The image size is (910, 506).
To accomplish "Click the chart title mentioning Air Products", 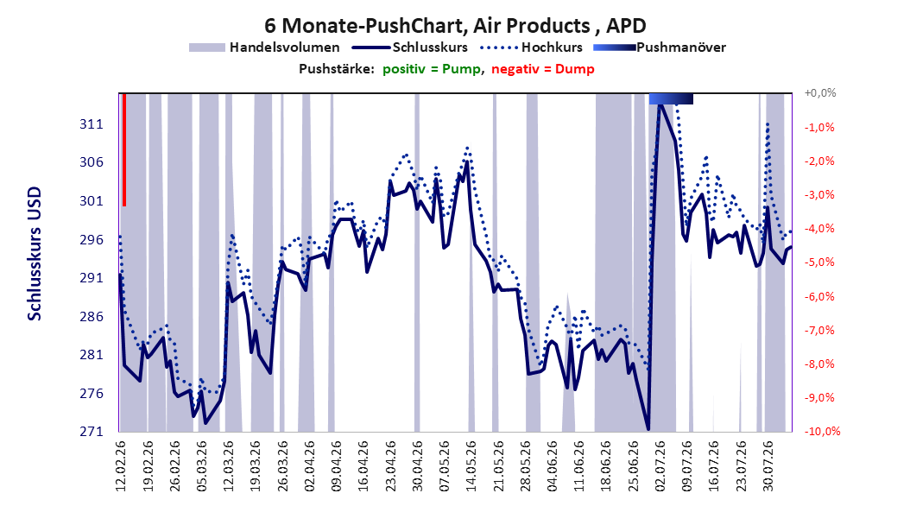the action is (x=455, y=26).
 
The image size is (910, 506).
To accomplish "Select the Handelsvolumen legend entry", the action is (x=264, y=47).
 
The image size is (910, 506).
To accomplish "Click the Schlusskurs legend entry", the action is (x=410, y=47).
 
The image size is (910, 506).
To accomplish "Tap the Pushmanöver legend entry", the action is (x=660, y=47).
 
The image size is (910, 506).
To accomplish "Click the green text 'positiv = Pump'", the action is (x=431, y=69).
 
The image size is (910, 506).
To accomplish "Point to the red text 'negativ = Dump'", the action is (x=543, y=69).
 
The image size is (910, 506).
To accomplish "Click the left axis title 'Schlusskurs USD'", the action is (x=35, y=254).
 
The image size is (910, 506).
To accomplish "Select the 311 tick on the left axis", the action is (x=92, y=124).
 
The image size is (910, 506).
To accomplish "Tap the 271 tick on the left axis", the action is (x=92, y=431).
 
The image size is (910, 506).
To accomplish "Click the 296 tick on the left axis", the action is (x=92, y=240).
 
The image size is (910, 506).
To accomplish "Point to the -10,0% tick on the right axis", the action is (x=822, y=431).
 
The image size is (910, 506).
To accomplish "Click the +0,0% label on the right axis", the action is (x=820, y=93).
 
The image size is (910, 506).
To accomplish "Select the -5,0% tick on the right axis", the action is (x=820, y=262).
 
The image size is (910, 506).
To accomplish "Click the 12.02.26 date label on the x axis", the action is (x=121, y=466).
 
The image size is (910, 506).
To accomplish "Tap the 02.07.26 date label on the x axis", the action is (x=660, y=466).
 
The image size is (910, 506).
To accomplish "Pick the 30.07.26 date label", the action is (x=768, y=466).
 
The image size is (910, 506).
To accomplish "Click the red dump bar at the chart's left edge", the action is (x=124, y=149).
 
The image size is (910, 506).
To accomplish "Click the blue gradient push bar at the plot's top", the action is (x=671, y=98).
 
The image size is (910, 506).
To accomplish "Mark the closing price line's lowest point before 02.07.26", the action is (x=648, y=429).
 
